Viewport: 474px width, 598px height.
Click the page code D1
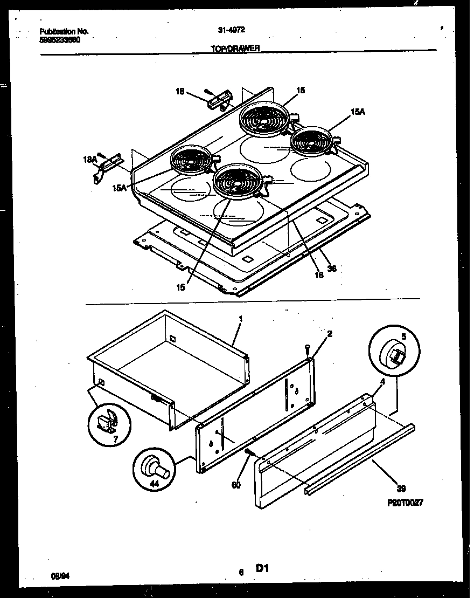262,568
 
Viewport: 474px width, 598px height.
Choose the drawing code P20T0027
405,502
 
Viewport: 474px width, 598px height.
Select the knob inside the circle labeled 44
155,468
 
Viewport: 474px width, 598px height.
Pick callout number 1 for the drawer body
240,319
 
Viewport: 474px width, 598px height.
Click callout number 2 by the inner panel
330,334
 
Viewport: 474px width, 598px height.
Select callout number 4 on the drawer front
382,382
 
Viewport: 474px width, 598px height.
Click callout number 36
332,268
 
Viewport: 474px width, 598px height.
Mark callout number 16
319,274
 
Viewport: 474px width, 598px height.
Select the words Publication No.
64,31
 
